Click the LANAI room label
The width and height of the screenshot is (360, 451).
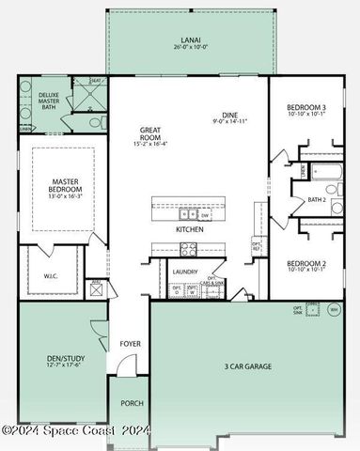point(188,41)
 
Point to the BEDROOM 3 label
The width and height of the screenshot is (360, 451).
point(306,108)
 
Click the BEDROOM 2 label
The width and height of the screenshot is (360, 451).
point(306,264)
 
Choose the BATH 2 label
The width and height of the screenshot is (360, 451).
point(317,200)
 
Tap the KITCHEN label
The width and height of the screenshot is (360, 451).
point(191,229)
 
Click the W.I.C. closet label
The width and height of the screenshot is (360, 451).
point(51,276)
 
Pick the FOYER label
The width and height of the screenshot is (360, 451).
point(130,344)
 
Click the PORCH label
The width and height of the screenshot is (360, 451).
point(131,403)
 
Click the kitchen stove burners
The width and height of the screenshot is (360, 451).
point(188,249)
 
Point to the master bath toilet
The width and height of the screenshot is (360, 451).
point(96,121)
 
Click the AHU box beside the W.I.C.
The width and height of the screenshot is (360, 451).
point(95,288)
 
